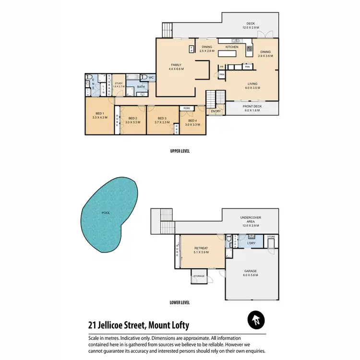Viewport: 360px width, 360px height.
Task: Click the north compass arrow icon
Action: coord(257,319)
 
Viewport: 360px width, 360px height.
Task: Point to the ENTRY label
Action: coord(215,111)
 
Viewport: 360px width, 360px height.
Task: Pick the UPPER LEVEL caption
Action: coord(180,151)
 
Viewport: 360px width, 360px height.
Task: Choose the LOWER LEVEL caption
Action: coord(180,302)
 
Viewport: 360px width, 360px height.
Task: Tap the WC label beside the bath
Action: coord(150,77)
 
